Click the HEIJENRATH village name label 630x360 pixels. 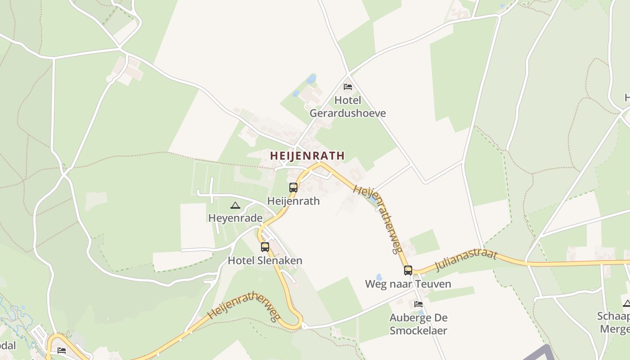click(307, 156)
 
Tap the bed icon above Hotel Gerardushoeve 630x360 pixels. click(348, 87)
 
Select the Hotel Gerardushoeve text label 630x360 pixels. click(348, 107)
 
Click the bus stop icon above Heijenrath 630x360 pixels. click(293, 188)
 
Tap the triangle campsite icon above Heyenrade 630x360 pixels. click(235, 206)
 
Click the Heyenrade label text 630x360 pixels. click(235, 218)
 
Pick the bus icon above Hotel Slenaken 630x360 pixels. click(265, 247)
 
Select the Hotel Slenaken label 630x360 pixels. click(265, 261)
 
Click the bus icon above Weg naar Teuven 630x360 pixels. click(408, 270)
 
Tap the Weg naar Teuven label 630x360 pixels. click(408, 284)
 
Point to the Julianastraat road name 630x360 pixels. click(467, 260)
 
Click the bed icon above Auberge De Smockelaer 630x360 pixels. click(418, 304)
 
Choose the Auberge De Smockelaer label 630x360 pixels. click(418, 324)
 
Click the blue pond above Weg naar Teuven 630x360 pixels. click(379, 277)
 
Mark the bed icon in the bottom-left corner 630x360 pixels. click(62, 350)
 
